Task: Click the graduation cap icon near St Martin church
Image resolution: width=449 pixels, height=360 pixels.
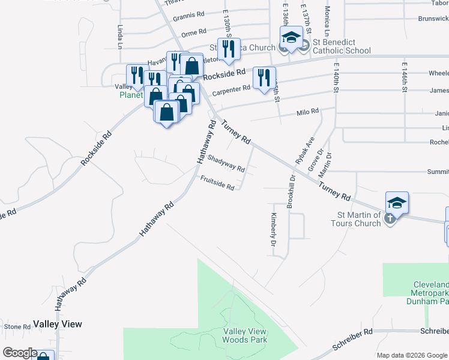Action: (x=397, y=203)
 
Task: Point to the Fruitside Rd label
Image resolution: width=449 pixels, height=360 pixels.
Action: (x=217, y=182)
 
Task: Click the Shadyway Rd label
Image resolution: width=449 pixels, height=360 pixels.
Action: (x=226, y=164)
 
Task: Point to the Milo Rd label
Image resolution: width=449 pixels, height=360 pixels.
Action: (x=307, y=113)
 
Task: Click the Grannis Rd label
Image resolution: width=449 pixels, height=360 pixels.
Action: (x=188, y=18)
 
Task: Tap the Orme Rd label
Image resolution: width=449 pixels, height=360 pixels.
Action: (x=193, y=31)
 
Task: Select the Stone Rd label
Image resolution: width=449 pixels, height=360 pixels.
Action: (x=17, y=327)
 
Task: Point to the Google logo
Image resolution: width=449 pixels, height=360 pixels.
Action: (x=20, y=353)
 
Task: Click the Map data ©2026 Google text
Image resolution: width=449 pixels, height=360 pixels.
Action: (x=411, y=355)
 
